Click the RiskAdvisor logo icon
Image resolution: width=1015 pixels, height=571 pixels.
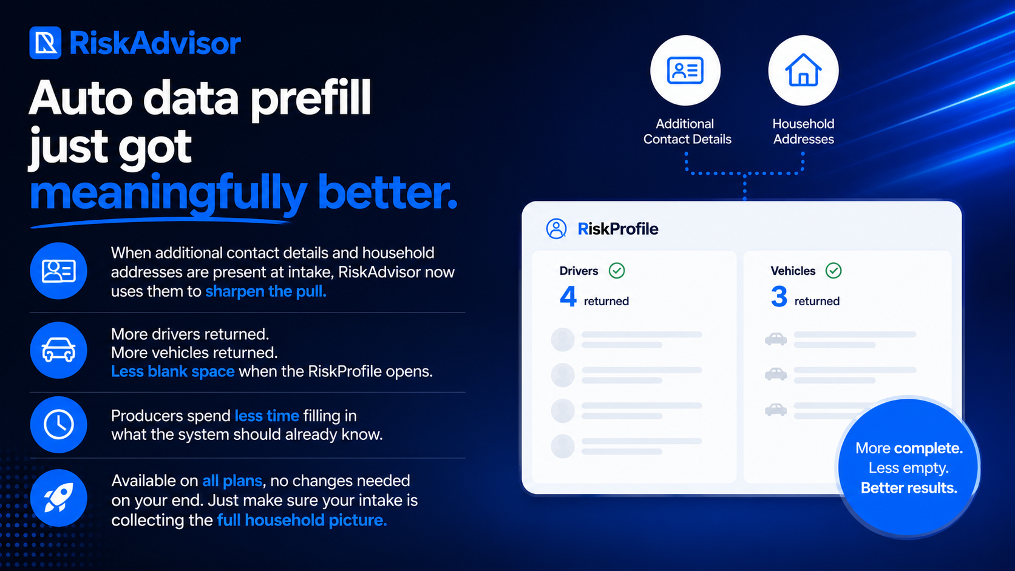pos(46,43)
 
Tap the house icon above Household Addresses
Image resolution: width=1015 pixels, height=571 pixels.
pos(803,70)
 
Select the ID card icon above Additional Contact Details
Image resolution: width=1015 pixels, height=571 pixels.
pos(685,70)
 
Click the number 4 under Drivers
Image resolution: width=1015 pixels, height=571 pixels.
pos(568,297)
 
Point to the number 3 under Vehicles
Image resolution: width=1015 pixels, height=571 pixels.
pos(779,297)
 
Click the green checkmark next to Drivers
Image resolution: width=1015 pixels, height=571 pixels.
pos(617,271)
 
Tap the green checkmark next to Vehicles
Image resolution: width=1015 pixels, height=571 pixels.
pos(833,271)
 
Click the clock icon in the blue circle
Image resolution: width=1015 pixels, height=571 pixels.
pos(58,425)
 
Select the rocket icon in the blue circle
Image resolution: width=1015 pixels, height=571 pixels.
pos(58,498)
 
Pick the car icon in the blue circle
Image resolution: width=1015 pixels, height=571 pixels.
pos(58,350)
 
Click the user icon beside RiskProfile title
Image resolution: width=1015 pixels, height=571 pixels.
pos(556,229)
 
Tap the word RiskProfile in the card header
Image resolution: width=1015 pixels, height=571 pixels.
pos(617,229)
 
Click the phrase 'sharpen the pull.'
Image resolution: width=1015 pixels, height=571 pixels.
pos(265,291)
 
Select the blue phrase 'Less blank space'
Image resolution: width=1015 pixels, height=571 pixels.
pos(172,371)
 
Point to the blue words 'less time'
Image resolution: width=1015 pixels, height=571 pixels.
pos(266,416)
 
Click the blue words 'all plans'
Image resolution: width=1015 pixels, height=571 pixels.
pos(232,481)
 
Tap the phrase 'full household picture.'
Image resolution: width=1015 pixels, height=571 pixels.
pos(302,520)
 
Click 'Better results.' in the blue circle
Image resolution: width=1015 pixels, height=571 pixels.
pos(909,488)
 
